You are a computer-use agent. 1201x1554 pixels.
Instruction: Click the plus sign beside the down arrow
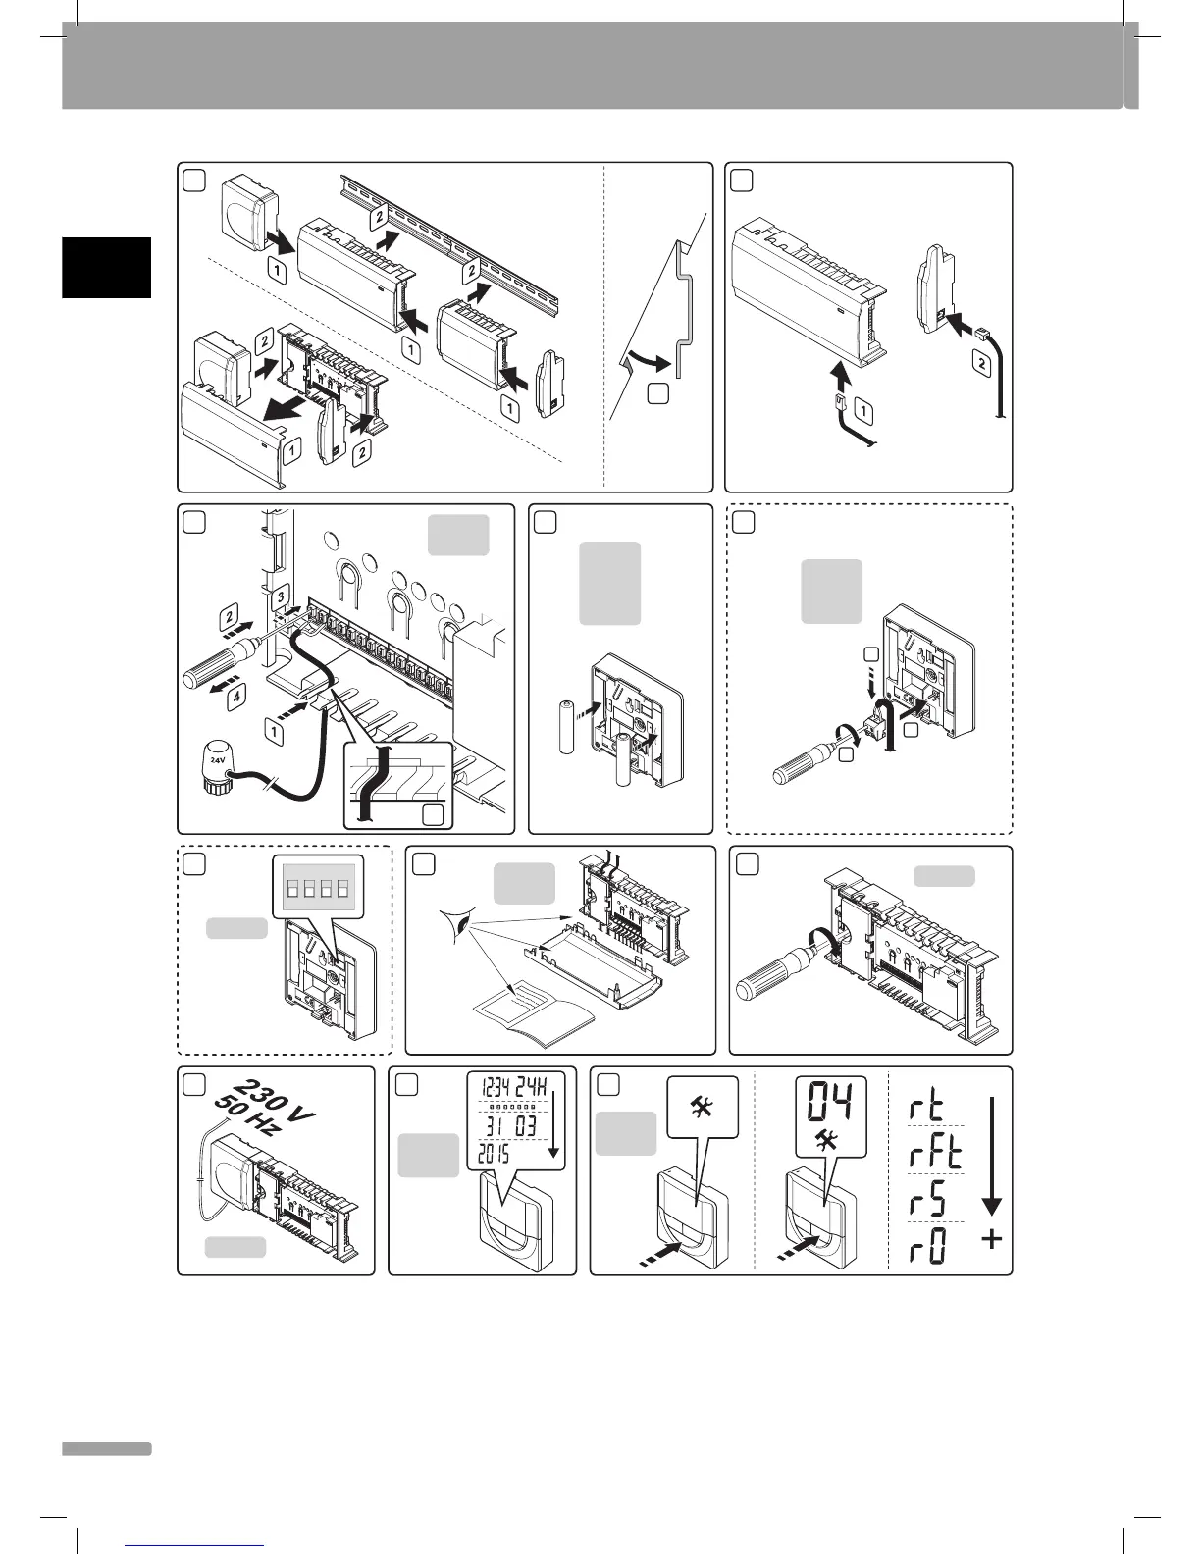click(x=992, y=1240)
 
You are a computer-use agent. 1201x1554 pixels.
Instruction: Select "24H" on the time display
click(x=541, y=1088)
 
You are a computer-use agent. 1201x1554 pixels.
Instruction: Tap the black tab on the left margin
click(x=107, y=267)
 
